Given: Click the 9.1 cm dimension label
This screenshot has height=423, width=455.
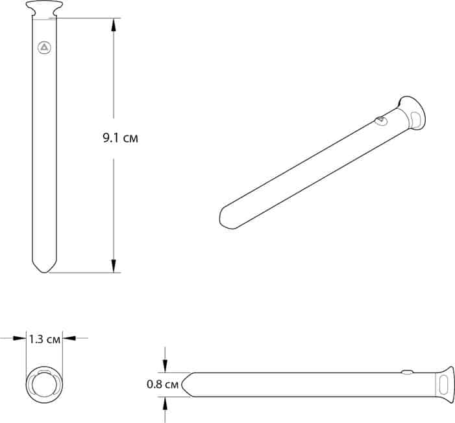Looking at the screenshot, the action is [121, 138].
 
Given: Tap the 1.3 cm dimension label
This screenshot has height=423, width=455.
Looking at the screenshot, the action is [45, 339].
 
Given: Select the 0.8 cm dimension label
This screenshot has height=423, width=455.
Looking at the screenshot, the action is [162, 384].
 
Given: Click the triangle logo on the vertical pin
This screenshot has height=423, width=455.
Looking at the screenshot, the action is [44, 47].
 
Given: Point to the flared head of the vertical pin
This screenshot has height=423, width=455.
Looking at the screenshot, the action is [44, 8].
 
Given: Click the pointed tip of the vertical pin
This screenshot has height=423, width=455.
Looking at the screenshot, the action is [44, 272].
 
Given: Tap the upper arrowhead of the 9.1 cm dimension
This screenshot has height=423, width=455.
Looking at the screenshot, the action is [114, 25].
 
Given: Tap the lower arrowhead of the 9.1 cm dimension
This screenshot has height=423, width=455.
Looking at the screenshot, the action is [114, 266].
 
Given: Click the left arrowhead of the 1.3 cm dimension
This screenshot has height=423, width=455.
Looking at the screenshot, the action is [19, 338].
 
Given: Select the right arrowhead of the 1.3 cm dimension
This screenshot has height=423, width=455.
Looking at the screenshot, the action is [69, 338].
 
